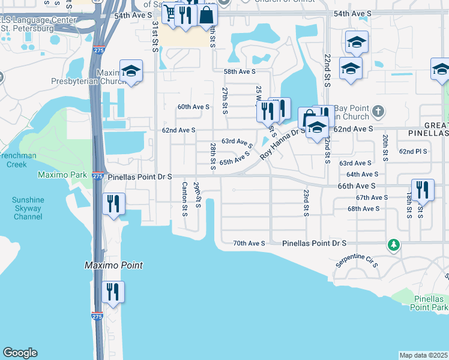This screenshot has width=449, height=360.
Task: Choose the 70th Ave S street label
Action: [x=249, y=243]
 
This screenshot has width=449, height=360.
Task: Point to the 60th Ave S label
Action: [x=193, y=107]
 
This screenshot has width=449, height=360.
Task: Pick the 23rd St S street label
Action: [x=306, y=203]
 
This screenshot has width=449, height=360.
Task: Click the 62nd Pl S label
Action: [x=413, y=152]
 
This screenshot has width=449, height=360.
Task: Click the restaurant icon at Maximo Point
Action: [x=113, y=292]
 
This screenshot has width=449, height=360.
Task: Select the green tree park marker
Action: [x=393, y=244]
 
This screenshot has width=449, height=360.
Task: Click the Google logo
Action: [x=20, y=353]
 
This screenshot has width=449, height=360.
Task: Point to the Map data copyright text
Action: [x=424, y=355]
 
